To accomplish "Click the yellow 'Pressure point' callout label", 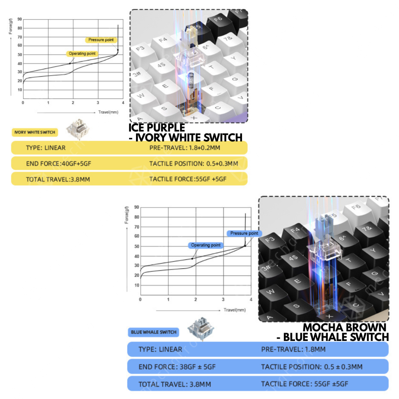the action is [101, 40].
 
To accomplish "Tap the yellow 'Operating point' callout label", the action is [82, 54].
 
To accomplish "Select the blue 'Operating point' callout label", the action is [206, 245].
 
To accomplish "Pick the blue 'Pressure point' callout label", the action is [244, 233].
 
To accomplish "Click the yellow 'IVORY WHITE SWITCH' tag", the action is [35, 132].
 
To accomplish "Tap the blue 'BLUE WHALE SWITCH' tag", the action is [154, 332].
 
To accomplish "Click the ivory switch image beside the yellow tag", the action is [78, 129].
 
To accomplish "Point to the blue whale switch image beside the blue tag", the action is [201, 328].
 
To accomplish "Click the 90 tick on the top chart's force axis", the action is [19, 19].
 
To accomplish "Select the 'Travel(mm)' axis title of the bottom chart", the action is [235, 310].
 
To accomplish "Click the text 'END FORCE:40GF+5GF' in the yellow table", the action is [58, 164].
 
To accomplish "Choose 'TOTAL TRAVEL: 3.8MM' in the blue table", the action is [175, 384].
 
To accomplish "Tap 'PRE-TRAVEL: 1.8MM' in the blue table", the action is [293, 350].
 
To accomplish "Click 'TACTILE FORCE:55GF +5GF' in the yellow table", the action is [188, 179].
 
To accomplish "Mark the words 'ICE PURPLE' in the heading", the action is [157, 127].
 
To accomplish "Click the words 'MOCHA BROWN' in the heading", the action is [344, 327].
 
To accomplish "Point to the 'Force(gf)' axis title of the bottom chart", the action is [127, 215].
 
